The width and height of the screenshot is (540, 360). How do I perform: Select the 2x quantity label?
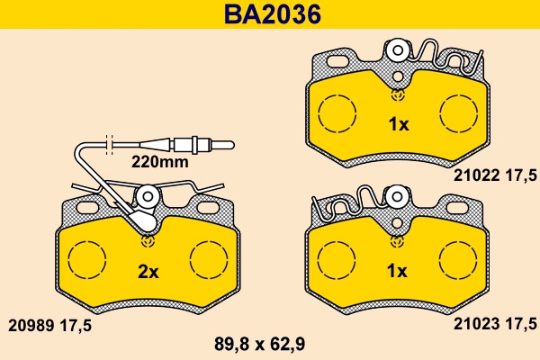pos(148,270)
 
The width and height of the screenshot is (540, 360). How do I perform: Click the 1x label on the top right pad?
pos(397,125)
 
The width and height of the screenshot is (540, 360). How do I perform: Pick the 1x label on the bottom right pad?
pos(397,270)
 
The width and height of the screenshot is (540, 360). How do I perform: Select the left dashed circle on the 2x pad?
pos(88,262)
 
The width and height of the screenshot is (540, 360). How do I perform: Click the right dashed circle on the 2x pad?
pos(207,262)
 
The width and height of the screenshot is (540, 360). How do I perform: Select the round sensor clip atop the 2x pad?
pos(147,196)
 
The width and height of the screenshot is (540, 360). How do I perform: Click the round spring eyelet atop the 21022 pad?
pos(396,49)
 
